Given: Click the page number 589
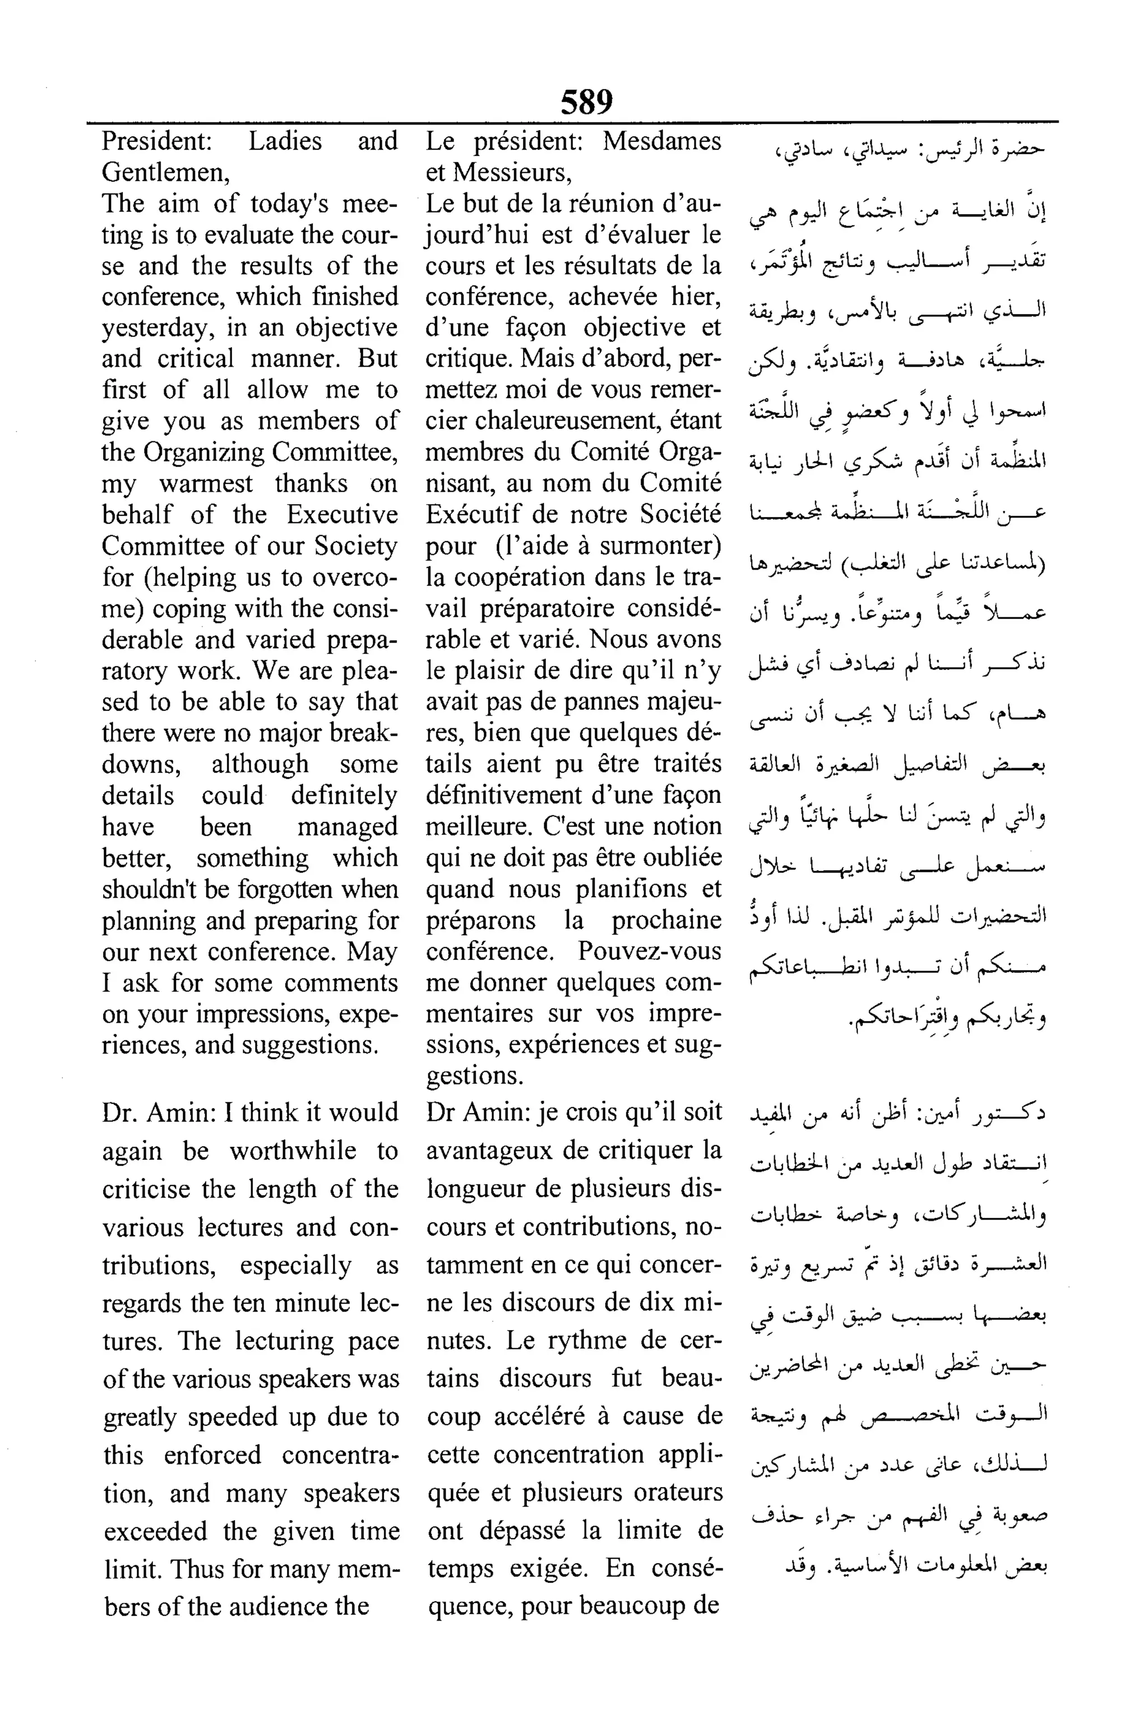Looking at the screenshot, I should tap(586, 102).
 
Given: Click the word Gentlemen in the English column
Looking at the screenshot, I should tap(165, 172).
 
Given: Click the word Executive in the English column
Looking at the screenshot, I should tap(342, 515).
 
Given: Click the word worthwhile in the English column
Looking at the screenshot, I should tap(293, 1151).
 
